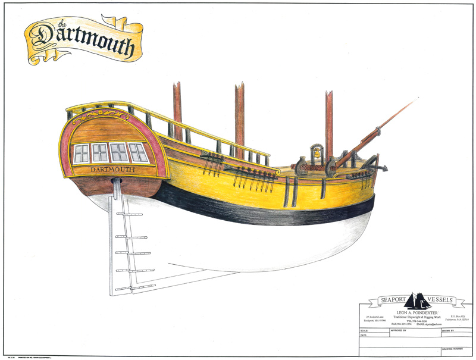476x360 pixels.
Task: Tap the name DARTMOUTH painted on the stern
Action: (x=112, y=170)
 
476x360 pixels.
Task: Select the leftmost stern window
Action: (x=81, y=154)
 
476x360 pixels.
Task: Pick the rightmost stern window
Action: (x=139, y=153)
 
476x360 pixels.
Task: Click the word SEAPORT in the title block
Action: (x=384, y=301)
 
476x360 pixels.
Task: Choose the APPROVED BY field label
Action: (x=396, y=329)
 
